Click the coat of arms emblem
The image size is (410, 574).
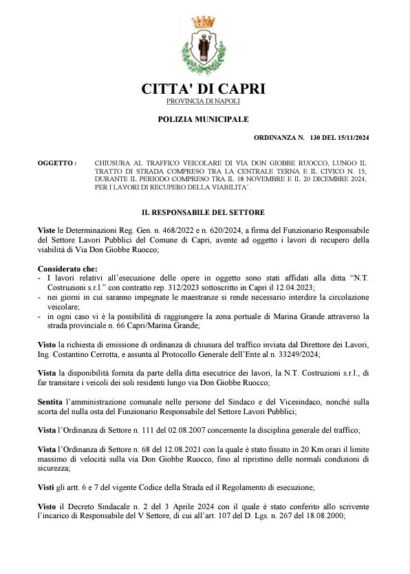(203, 51)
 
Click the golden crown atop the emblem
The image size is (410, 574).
(203, 23)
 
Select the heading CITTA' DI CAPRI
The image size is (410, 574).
(203, 89)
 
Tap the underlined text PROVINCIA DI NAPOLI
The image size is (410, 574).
(203, 101)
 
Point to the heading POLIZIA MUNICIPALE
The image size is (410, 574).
(203, 119)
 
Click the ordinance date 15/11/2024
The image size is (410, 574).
(352, 139)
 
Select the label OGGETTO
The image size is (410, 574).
(56, 163)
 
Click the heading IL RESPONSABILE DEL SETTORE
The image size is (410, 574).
(203, 212)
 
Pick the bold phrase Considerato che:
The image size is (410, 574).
(67, 269)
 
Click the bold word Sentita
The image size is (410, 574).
(51, 401)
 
